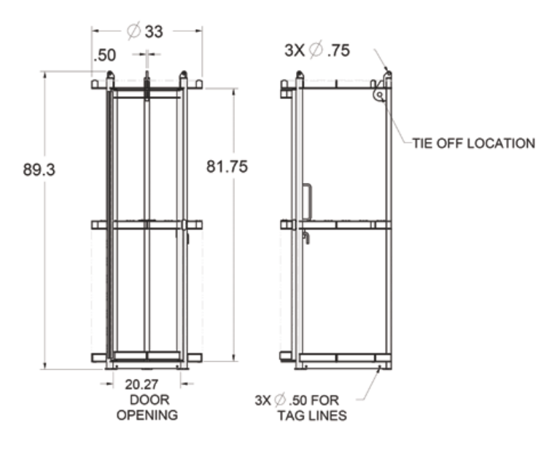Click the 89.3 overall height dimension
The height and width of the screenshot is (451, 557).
click(x=39, y=170)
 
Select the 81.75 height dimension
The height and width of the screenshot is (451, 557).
click(x=227, y=166)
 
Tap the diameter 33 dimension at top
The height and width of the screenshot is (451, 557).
click(x=144, y=31)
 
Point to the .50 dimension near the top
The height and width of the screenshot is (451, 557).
click(x=105, y=55)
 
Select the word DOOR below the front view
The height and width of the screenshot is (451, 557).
click(x=148, y=400)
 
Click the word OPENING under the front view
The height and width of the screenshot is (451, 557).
click(x=148, y=415)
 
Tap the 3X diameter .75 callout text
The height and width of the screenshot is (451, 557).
click(x=318, y=50)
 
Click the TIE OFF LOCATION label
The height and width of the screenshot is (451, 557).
click(x=473, y=143)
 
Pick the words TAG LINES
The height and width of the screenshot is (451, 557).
click(x=309, y=415)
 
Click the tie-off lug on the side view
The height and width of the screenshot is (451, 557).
click(x=378, y=94)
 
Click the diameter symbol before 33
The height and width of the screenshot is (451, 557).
click(x=133, y=31)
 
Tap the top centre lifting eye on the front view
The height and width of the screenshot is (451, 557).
click(x=147, y=77)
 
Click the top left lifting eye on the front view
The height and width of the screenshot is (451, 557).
click(x=110, y=76)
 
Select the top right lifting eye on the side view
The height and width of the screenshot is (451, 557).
click(x=388, y=76)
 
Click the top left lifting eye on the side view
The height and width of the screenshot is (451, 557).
click(x=299, y=76)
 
